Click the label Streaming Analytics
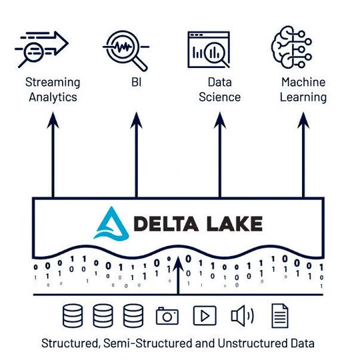pos(52,90)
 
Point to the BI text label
pos(137,83)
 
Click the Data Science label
pos(220,90)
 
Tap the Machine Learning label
pos(303,90)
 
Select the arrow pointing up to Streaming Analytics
pos(52,153)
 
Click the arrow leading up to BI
pos(137,153)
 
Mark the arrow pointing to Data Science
pos(220,153)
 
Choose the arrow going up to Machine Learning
pos(303,153)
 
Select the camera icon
pos(167,315)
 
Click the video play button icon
pos(205,315)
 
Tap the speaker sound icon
pos(241,315)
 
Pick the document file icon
pos(279,315)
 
